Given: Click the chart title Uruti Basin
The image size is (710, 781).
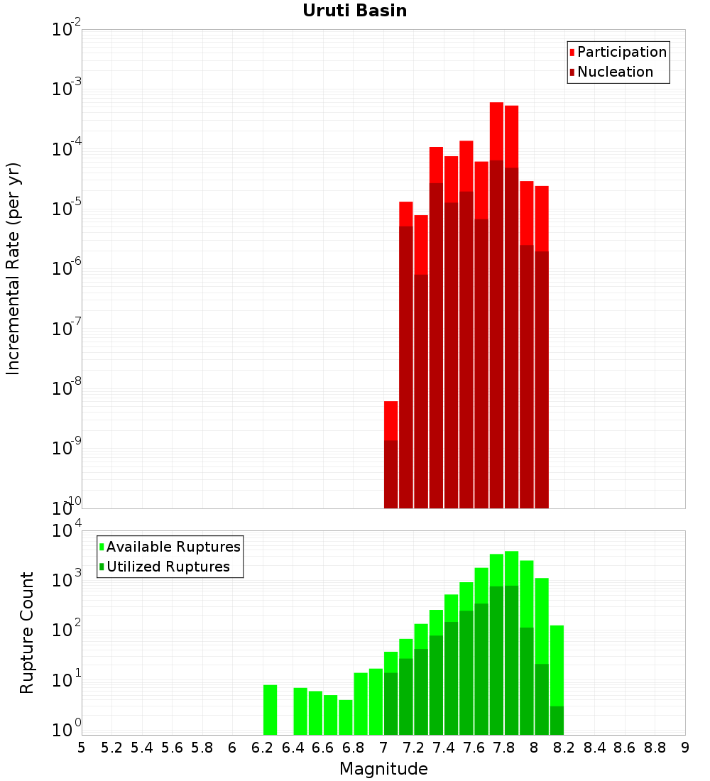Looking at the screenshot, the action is click(355, 11).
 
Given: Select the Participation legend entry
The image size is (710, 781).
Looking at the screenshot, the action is click(618, 52).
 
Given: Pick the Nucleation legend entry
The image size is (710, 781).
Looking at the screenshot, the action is click(611, 72).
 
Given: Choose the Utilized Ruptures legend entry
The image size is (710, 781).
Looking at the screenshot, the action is click(165, 567).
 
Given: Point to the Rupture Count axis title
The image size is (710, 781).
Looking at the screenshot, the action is click(26, 633).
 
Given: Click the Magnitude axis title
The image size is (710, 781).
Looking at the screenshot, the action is click(383, 769).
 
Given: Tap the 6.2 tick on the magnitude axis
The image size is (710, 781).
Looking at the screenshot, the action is click(263, 748).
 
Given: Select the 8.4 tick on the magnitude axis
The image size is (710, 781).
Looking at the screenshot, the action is click(594, 748).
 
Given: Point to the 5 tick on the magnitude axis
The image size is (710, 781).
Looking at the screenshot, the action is click(82, 748).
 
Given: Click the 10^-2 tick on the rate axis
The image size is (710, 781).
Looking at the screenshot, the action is click(66, 29).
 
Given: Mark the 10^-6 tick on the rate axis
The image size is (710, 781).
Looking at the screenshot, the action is click(66, 268).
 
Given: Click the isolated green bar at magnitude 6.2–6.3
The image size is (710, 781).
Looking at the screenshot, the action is click(270, 710).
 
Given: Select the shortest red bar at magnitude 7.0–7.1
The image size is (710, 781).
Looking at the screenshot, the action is click(391, 454).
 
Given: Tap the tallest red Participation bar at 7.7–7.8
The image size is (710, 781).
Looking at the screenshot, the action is click(497, 305).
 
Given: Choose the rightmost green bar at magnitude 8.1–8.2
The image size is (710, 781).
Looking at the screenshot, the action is click(557, 680).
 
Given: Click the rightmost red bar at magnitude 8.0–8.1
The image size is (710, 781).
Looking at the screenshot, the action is click(542, 347).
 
